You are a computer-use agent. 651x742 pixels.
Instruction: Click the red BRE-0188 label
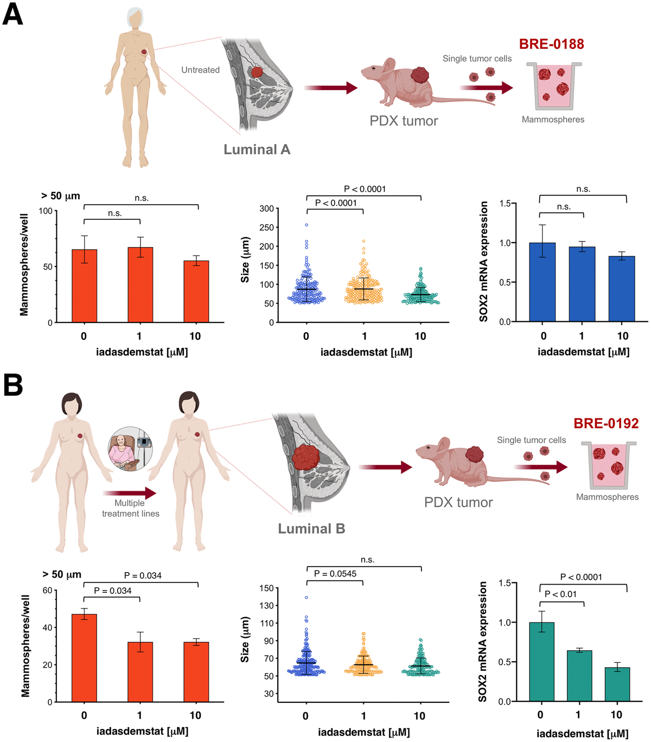click(x=551, y=44)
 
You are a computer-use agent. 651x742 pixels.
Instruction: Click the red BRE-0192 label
click(x=606, y=423)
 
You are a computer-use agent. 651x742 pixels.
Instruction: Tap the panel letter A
click(x=12, y=14)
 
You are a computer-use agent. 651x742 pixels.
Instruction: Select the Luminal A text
click(x=257, y=150)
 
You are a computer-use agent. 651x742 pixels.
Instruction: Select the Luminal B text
click(x=311, y=529)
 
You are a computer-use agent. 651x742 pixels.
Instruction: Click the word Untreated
click(x=200, y=70)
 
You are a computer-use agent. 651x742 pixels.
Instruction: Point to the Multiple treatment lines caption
click(x=130, y=508)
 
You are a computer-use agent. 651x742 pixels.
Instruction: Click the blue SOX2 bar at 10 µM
click(x=622, y=289)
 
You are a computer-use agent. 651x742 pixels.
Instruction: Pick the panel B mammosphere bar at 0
click(x=84, y=658)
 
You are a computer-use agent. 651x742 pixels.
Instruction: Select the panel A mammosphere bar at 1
click(x=140, y=284)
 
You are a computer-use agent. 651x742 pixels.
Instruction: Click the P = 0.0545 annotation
click(x=335, y=574)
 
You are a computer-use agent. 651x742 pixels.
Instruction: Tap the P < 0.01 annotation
click(x=560, y=594)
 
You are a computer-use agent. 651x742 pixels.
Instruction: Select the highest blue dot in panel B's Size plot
click(x=307, y=598)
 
